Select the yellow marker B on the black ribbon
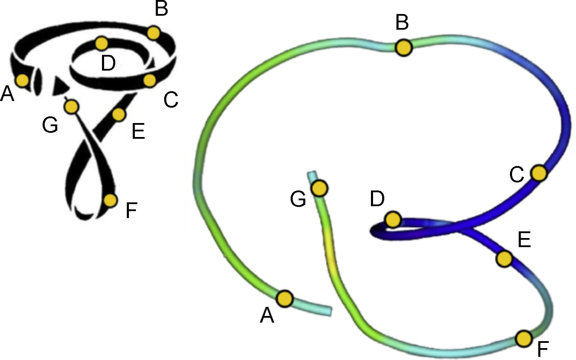[153, 33]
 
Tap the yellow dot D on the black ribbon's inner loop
[102, 43]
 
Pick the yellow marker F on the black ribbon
[110, 200]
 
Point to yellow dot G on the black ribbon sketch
[72, 106]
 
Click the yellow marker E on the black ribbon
[119, 114]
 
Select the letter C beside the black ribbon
[171, 100]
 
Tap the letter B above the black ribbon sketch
[161, 9]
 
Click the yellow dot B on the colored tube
[403, 47]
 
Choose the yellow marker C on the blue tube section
[539, 173]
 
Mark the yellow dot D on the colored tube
[393, 219]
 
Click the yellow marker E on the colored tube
[504, 259]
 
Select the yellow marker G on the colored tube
[320, 188]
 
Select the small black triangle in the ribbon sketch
[60, 87]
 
